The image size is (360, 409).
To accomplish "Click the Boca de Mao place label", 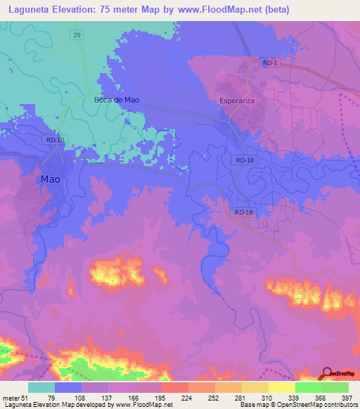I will [x=117, y=100].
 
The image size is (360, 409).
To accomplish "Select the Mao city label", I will [x=50, y=179].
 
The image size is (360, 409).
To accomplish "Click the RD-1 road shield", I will [x=269, y=63].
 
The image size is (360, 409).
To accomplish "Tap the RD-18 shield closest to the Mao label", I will [x=56, y=140].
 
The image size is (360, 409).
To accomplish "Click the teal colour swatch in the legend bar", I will [x=41, y=387].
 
